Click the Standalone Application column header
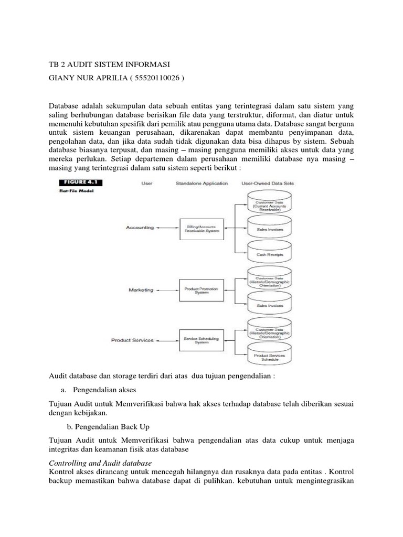click(202, 184)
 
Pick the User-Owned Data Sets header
click(267, 184)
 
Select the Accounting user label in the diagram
click(140, 228)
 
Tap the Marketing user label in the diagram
click(141, 289)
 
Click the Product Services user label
click(132, 340)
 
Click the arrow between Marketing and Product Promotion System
click(167, 289)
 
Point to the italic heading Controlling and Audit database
click(100, 463)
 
